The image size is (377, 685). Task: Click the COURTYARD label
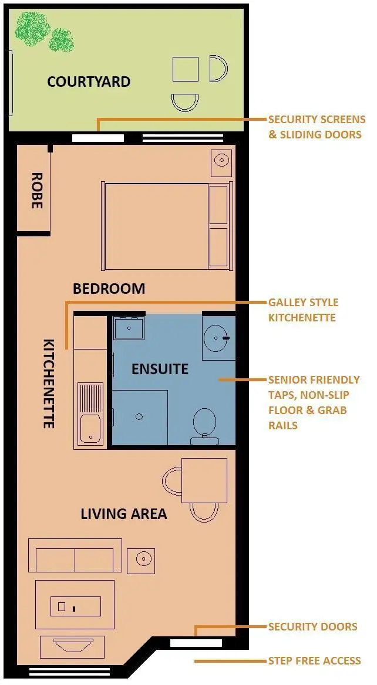pyautogui.click(x=89, y=82)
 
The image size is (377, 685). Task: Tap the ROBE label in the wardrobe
pyautogui.click(x=36, y=191)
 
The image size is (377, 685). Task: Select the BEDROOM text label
pyautogui.click(x=109, y=289)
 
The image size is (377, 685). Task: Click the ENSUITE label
pyautogui.click(x=160, y=369)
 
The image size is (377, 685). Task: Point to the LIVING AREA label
pyautogui.click(x=123, y=514)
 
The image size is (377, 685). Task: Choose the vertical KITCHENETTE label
pyautogui.click(x=49, y=383)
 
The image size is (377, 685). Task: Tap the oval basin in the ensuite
pyautogui.click(x=218, y=338)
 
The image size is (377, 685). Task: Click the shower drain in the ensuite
pyautogui.click(x=139, y=417)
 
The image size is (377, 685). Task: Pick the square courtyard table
pyautogui.click(x=186, y=69)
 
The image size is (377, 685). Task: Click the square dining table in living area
pyautogui.click(x=204, y=480)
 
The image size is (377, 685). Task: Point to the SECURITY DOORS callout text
pyautogui.click(x=312, y=627)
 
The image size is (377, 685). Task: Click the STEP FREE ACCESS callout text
pyautogui.click(x=314, y=661)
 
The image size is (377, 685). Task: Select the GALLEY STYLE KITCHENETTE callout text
pyautogui.click(x=303, y=310)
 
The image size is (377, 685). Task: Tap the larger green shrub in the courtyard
pyautogui.click(x=32, y=26)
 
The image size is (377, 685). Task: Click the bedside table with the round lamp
pyautogui.click(x=221, y=160)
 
